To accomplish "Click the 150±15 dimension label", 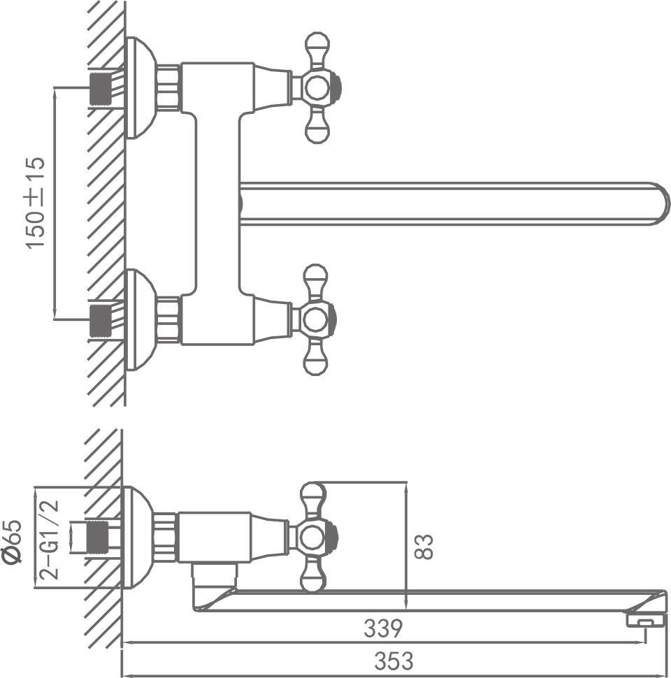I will tap(35, 203).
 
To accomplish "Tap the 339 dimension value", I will tap(383, 629).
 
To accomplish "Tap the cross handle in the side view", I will tap(315, 537).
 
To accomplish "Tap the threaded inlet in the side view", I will tap(102, 537).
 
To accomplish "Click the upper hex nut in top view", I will tap(168, 88).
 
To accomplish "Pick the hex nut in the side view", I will tap(166, 537).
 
